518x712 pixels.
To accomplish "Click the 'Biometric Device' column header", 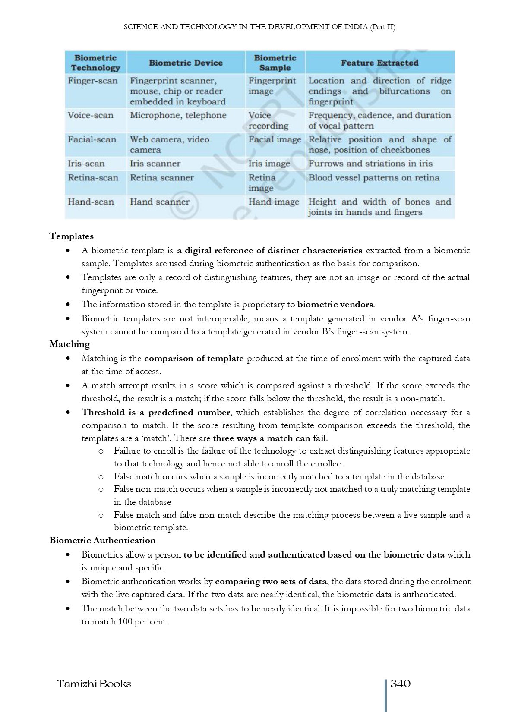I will point(186,63).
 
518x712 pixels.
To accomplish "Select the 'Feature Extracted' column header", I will point(379,63).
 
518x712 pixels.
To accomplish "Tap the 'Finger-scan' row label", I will point(92,81).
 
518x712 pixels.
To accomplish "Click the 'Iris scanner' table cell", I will point(155,164).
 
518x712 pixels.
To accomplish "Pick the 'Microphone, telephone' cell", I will point(178,115).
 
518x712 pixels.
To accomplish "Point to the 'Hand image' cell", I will point(274,202).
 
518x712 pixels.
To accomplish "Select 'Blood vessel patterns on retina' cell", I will point(373,178).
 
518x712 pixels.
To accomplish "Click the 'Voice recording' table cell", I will point(268,120).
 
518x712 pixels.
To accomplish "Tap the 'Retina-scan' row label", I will point(93,178).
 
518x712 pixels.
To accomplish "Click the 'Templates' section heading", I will point(71,236).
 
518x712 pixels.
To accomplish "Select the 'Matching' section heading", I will point(69,344).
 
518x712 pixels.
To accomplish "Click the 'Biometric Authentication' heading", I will point(102,540).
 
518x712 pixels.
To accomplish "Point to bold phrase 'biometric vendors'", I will point(335,304).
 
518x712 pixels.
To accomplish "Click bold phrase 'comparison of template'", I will point(194,358).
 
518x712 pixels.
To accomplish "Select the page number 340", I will point(400,684).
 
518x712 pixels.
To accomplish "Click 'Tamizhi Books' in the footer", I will point(94,684).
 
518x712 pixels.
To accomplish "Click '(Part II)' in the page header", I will point(382,27).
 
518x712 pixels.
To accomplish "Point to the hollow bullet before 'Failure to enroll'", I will point(101,451).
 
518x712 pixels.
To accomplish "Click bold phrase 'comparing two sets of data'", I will point(271,581).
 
